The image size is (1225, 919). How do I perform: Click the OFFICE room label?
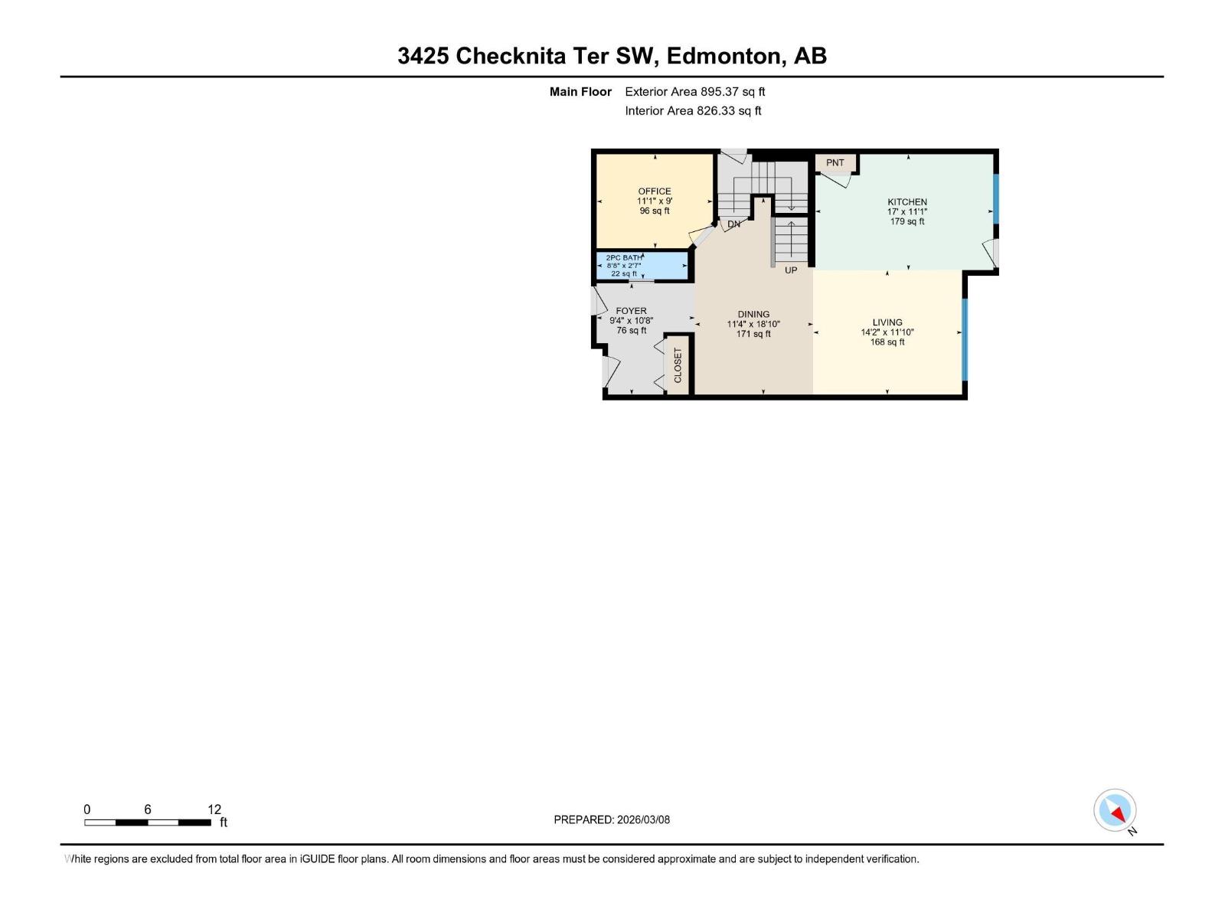(655, 191)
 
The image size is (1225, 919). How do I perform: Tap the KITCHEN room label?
(907, 202)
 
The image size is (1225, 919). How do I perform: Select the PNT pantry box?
(835, 163)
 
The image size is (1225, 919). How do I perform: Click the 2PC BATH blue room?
(642, 266)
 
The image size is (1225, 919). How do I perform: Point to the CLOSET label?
(678, 366)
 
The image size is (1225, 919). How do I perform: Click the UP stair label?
(791, 270)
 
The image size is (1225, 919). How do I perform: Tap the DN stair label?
(733, 224)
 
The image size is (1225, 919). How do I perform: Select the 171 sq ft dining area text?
(753, 334)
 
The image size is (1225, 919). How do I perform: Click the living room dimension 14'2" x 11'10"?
(887, 332)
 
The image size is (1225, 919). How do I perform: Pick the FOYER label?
(631, 311)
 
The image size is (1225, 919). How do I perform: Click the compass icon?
(1115, 810)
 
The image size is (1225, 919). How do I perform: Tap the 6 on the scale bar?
(148, 809)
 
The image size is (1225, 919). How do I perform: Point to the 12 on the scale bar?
(214, 809)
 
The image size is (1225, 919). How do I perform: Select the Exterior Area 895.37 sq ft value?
(733, 92)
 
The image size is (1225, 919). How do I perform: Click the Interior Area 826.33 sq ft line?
(693, 111)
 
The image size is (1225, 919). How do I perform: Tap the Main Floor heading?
(580, 92)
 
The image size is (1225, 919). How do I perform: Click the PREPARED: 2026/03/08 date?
(612, 819)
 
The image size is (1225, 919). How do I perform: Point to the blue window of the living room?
(965, 339)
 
